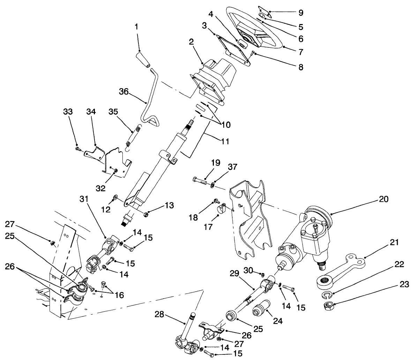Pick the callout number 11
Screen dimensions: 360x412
point(225,141)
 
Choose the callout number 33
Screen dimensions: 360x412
point(68,112)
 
